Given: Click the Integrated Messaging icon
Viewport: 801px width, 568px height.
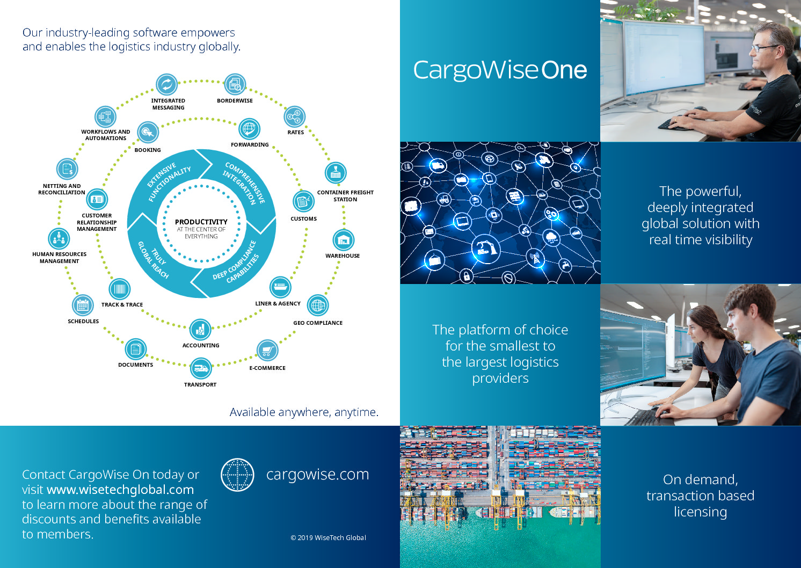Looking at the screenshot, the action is [x=166, y=85].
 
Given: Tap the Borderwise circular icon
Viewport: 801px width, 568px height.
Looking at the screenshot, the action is [x=235, y=85].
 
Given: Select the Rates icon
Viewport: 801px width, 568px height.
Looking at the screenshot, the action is [x=295, y=116].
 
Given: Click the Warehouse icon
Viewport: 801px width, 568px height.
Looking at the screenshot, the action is [x=343, y=239].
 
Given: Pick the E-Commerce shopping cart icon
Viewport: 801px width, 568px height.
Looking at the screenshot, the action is [x=267, y=351].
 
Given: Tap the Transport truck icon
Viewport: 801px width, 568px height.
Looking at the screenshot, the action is [x=201, y=368].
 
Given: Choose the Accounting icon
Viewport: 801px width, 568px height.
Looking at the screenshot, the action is [x=200, y=330].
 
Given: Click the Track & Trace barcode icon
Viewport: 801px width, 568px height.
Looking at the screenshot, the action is [x=119, y=289].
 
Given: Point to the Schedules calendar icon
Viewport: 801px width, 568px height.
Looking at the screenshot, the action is [x=83, y=305].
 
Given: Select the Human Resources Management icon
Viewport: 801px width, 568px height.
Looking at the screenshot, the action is [x=59, y=238].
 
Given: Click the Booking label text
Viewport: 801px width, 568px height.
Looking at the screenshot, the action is [x=148, y=150].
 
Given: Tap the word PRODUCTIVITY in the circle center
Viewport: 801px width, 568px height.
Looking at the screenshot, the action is [x=201, y=222].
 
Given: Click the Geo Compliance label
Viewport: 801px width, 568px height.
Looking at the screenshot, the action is [x=318, y=323].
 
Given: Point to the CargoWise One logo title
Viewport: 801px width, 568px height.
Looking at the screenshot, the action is [x=500, y=70].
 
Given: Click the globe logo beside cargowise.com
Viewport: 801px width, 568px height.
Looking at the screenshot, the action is [x=237, y=475].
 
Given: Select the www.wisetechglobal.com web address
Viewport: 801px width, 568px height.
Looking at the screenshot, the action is [x=120, y=490].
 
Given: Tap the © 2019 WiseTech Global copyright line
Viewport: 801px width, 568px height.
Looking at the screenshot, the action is [x=328, y=537].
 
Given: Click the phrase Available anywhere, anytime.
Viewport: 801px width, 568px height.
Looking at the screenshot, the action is [x=304, y=412].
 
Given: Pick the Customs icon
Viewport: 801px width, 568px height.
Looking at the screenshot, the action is [x=303, y=201].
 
